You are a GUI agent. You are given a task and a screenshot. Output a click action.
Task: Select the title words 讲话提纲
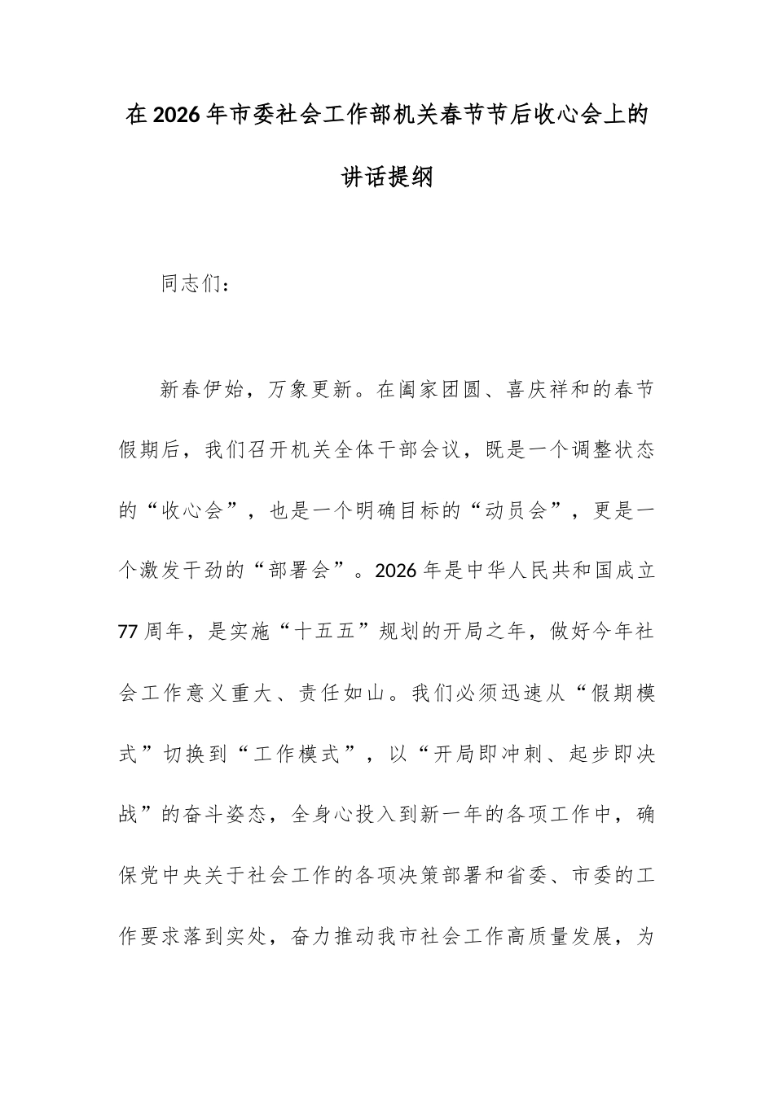[387, 177]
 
